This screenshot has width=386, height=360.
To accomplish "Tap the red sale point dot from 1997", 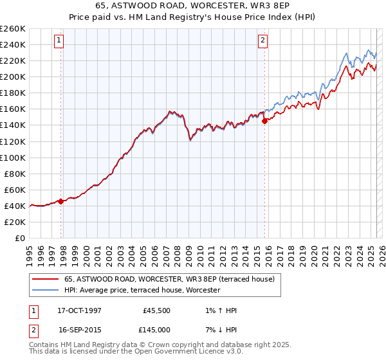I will coord(60,201).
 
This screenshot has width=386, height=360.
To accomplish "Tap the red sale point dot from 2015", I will coord(264,121).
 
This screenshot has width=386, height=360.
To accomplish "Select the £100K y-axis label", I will coord(13,157).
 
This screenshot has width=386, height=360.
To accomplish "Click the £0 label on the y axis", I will coord(19,238).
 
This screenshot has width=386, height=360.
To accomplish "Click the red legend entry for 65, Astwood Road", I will coord(169,279).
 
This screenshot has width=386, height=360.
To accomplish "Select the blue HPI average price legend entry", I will coord(142,290).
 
